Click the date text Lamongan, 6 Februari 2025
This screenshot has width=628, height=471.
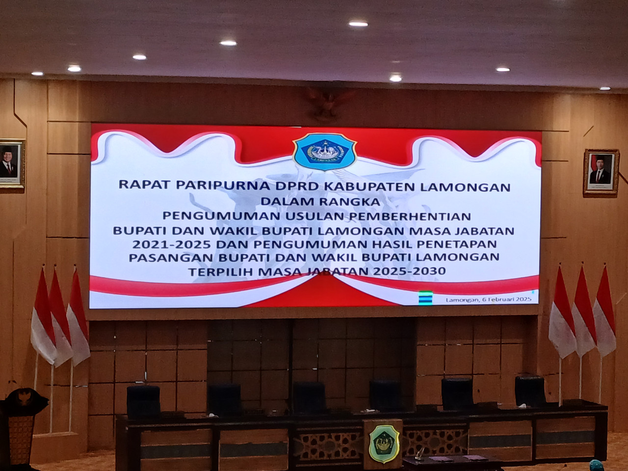click(x=489, y=299)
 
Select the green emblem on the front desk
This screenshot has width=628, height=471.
click(x=381, y=440)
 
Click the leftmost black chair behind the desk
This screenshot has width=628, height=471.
click(x=143, y=401)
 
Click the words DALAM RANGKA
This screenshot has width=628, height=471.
click(x=318, y=201)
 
